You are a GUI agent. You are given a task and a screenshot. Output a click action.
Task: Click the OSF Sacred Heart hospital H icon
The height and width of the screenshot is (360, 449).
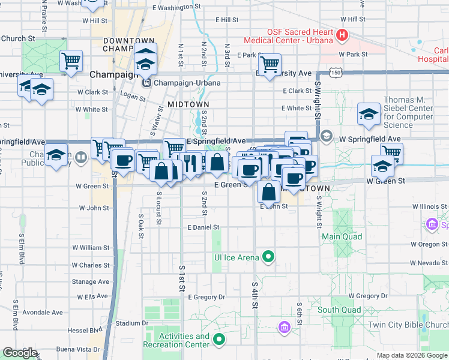[342, 35]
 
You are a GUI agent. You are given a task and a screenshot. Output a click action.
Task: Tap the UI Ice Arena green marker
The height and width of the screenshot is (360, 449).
[268, 257]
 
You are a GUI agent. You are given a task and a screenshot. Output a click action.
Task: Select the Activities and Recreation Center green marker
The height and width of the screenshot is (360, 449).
[219, 340]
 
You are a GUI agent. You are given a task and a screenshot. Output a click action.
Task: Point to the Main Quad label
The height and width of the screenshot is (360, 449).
[342, 236]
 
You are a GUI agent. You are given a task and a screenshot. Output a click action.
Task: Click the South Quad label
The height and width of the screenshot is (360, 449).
[340, 310]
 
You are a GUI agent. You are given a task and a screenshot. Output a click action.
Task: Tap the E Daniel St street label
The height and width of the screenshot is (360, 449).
[203, 228]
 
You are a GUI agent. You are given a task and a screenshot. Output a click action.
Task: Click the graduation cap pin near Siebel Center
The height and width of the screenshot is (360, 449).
[369, 113]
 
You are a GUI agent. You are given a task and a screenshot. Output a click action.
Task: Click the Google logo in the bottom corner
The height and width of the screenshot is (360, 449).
[20, 353]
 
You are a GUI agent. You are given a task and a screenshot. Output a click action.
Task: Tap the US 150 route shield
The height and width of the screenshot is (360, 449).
[338, 73]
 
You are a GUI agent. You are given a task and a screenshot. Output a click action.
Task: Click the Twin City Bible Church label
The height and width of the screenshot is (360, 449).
[408, 324]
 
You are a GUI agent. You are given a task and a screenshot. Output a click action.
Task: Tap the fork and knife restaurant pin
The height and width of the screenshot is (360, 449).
[190, 162]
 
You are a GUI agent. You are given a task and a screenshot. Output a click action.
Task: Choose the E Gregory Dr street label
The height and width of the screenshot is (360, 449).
[206, 297]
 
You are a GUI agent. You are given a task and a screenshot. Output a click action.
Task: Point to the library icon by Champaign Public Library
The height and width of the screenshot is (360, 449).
[81, 157]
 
